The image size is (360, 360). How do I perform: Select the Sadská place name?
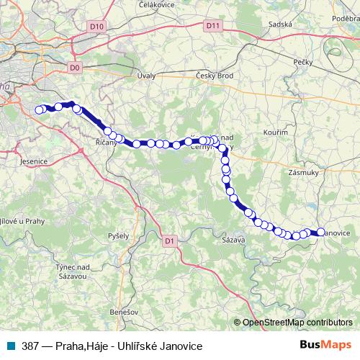pyautogui.click(x=279, y=24)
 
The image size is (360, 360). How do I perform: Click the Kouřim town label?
pyautogui.click(x=276, y=134)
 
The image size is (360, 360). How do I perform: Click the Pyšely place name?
pyautogui.click(x=117, y=235)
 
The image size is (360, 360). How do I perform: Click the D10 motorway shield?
pyautogui.click(x=97, y=26)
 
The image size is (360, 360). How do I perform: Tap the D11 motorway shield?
pyautogui.click(x=212, y=26)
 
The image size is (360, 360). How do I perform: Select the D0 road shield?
pyautogui.click(x=76, y=68)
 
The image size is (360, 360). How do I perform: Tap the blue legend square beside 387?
pyautogui.click(x=12, y=346)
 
